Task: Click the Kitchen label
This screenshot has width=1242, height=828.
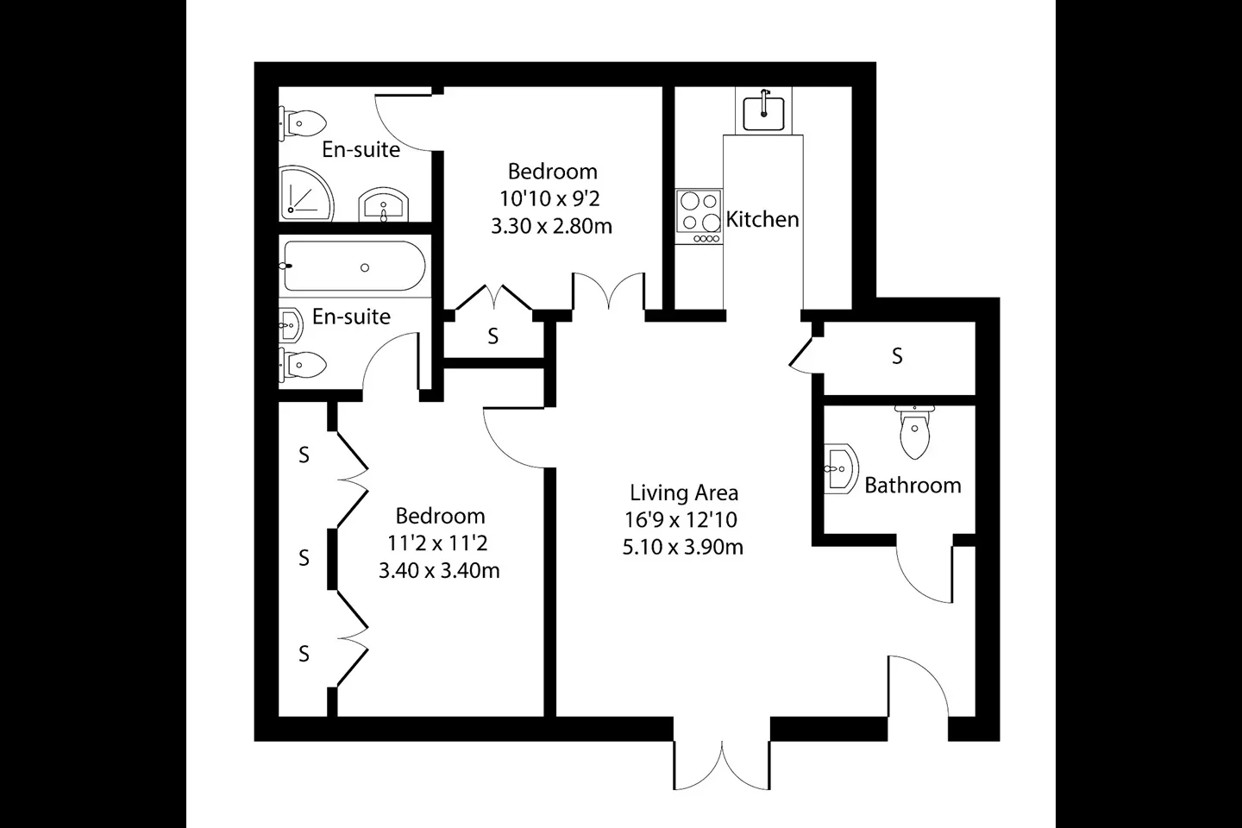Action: [762, 220]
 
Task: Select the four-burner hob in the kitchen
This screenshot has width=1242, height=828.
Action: [699, 216]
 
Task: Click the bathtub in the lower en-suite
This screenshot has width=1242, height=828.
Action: [354, 267]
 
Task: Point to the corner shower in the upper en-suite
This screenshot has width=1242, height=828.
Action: [306, 193]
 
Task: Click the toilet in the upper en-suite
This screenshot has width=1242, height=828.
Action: [302, 123]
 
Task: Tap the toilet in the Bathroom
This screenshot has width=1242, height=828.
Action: [914, 432]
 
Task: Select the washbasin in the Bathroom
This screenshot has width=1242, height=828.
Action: [841, 468]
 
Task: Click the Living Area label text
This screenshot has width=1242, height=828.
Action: [684, 492]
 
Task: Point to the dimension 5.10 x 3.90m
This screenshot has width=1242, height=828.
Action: [682, 547]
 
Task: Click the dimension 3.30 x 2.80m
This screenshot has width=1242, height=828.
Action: [552, 226]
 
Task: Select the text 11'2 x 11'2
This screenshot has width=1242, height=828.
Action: [437, 543]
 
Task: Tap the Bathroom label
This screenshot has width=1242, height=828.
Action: [913, 486]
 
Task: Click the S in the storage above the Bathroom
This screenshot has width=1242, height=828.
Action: [897, 356]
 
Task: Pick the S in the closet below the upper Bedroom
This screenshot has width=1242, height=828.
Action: [493, 336]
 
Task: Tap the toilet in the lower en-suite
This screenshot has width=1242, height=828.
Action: [303, 365]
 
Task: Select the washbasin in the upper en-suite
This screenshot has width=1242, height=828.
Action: [384, 204]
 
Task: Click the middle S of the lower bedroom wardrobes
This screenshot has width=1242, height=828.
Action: [304, 557]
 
